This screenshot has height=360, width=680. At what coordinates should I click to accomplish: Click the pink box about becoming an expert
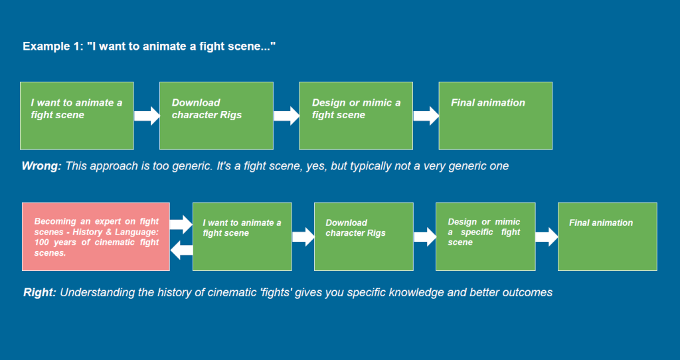click(x=96, y=236)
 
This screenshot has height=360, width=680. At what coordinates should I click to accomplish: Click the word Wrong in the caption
click(x=42, y=165)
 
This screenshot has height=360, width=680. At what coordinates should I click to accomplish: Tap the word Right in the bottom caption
click(x=39, y=292)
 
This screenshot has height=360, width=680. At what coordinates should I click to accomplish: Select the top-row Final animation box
click(x=495, y=116)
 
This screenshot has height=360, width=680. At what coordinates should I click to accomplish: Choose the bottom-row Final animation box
click(x=607, y=236)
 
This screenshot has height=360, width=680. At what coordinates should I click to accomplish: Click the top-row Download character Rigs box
click(x=216, y=116)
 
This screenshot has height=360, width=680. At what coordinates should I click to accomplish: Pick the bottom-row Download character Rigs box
click(x=364, y=236)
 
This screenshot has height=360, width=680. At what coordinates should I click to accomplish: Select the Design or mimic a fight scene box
click(x=356, y=116)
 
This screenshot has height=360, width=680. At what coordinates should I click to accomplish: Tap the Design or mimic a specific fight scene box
click(x=485, y=236)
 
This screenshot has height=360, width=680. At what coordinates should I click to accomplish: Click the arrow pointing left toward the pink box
click(x=182, y=250)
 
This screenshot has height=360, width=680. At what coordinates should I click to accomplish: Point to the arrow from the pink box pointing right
click(x=181, y=225)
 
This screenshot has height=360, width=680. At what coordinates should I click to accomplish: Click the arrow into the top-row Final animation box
click(x=426, y=116)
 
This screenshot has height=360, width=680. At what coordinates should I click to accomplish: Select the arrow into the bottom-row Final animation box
click(x=547, y=237)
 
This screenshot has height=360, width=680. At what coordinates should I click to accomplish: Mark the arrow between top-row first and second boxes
click(x=147, y=116)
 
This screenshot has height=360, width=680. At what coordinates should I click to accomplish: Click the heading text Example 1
click(x=53, y=46)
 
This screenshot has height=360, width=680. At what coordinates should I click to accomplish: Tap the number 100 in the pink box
click(x=41, y=242)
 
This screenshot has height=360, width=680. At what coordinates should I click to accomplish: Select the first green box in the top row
click(x=77, y=116)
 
